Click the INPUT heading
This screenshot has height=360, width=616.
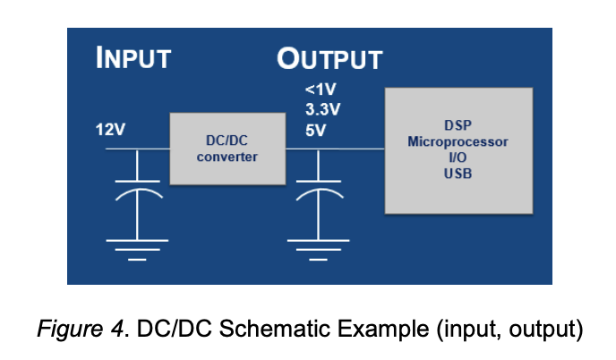133,58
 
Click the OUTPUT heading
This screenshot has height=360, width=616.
329,59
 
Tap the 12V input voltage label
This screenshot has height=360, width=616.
110,129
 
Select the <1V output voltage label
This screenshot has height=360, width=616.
321,90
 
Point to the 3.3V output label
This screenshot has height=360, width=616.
322,109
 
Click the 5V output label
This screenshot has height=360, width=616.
315,130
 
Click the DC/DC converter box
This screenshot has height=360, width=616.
227,149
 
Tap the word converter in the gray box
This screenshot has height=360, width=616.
227,157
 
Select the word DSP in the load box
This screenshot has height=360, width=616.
458,125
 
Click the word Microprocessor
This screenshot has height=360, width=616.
458,141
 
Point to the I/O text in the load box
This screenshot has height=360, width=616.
458,158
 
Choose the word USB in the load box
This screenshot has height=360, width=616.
458,174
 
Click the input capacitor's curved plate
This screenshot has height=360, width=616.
138,190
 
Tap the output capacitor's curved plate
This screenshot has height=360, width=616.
319,190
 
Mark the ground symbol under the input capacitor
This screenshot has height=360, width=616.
137,250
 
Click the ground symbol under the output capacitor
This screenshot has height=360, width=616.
318,250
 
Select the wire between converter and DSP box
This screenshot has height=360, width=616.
335,149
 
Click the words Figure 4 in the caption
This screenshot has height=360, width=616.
81,328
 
